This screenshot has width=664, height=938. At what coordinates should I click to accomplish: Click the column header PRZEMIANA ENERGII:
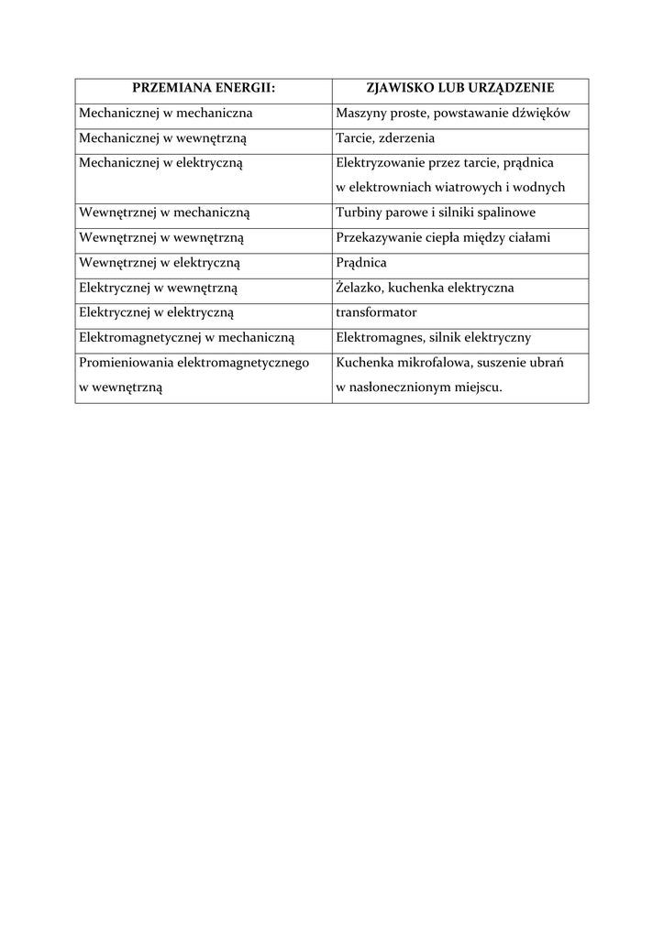pyautogui.click(x=204, y=89)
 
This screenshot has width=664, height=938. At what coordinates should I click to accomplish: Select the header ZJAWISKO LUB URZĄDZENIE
pyautogui.click(x=459, y=89)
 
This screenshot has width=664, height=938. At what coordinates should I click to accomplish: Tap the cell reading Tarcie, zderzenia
pyautogui.click(x=385, y=138)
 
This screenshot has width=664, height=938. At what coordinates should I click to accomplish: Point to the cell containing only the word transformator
pyautogui.click(x=376, y=312)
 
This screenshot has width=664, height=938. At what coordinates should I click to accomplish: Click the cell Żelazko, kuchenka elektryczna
pyautogui.click(x=425, y=288)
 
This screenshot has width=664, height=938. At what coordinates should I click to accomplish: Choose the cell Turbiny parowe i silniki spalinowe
pyautogui.click(x=436, y=213)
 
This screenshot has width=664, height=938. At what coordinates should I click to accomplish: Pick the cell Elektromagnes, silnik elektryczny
pyautogui.click(x=433, y=337)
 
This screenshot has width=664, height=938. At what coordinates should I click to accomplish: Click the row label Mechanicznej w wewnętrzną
pyautogui.click(x=163, y=138)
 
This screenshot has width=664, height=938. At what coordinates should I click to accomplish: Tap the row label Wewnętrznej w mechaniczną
pyautogui.click(x=165, y=213)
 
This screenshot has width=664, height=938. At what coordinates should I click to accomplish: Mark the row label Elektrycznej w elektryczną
pyautogui.click(x=163, y=312)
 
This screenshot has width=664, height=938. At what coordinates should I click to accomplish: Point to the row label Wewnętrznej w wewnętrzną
pyautogui.click(x=161, y=237)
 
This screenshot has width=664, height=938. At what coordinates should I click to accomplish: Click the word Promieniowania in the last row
pyautogui.click(x=126, y=362)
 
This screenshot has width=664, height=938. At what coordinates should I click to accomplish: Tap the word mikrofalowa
pyautogui.click(x=431, y=362)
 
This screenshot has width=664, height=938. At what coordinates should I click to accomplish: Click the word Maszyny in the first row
pyautogui.click(x=361, y=114)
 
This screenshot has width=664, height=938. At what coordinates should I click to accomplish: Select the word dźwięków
pyautogui.click(x=542, y=114)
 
